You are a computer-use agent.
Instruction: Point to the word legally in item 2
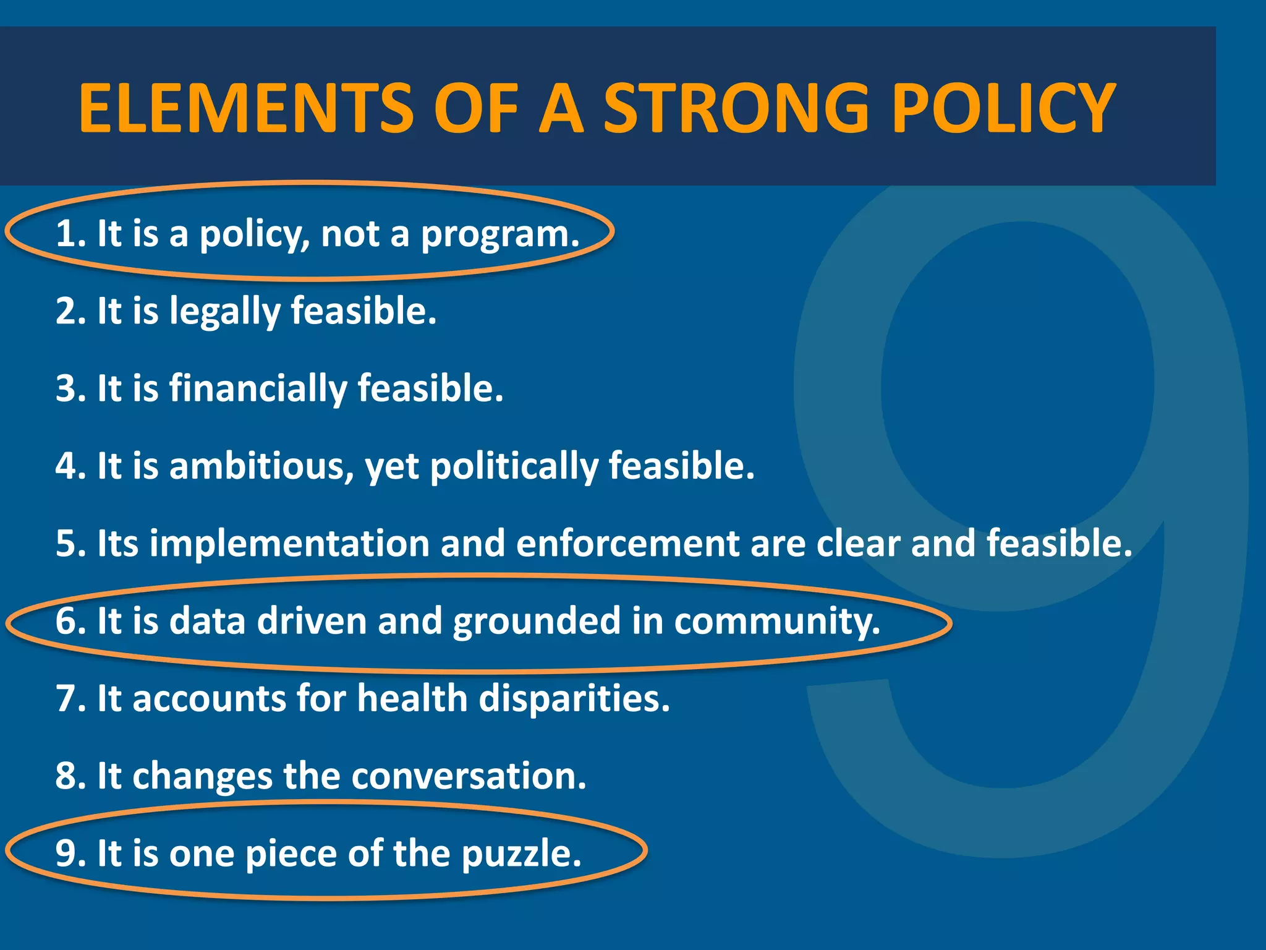[224, 312]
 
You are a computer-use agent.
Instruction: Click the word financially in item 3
[258, 390]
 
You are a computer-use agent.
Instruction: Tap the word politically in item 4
[514, 468]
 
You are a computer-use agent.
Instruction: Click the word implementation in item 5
[289, 544]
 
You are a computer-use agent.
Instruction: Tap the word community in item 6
[776, 622]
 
